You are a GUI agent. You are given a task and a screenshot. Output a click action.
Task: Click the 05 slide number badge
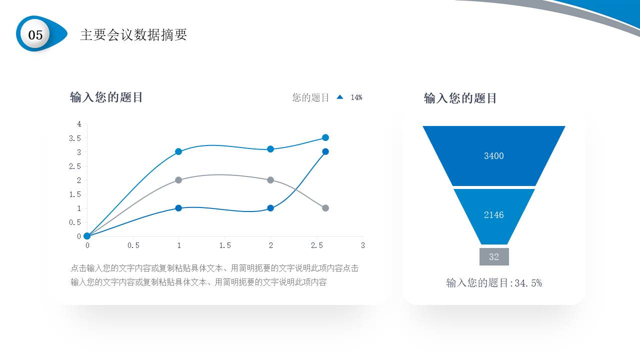click(35, 34)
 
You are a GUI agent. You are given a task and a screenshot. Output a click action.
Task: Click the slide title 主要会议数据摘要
click(133, 34)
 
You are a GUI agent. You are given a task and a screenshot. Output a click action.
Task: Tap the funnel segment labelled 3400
click(493, 156)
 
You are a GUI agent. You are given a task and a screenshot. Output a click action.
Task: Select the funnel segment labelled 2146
click(493, 215)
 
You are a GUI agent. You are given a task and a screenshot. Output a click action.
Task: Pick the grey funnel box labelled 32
click(494, 257)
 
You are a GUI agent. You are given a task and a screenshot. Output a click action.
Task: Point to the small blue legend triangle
click(340, 97)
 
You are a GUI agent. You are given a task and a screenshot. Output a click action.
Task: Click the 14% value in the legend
click(356, 97)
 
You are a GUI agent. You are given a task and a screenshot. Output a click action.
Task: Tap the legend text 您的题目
click(310, 97)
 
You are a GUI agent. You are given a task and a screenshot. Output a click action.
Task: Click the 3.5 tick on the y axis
click(75, 138)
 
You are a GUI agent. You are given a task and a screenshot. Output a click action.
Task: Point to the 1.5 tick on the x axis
click(225, 245)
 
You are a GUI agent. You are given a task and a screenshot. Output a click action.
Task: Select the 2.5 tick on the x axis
click(316, 245)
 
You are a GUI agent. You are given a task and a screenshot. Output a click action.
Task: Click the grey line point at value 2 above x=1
click(178, 180)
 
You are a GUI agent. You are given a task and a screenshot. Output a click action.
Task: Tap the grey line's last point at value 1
click(325, 208)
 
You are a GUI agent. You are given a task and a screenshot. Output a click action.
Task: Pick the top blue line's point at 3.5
click(325, 137)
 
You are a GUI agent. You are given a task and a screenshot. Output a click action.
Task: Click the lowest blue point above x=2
click(270, 208)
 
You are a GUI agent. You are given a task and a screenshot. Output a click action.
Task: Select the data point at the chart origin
click(87, 236)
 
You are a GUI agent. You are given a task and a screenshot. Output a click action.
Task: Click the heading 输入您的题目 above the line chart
click(106, 97)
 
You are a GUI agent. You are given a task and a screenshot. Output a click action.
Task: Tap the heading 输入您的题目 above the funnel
click(460, 98)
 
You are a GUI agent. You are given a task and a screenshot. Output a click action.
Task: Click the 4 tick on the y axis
click(79, 123)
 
